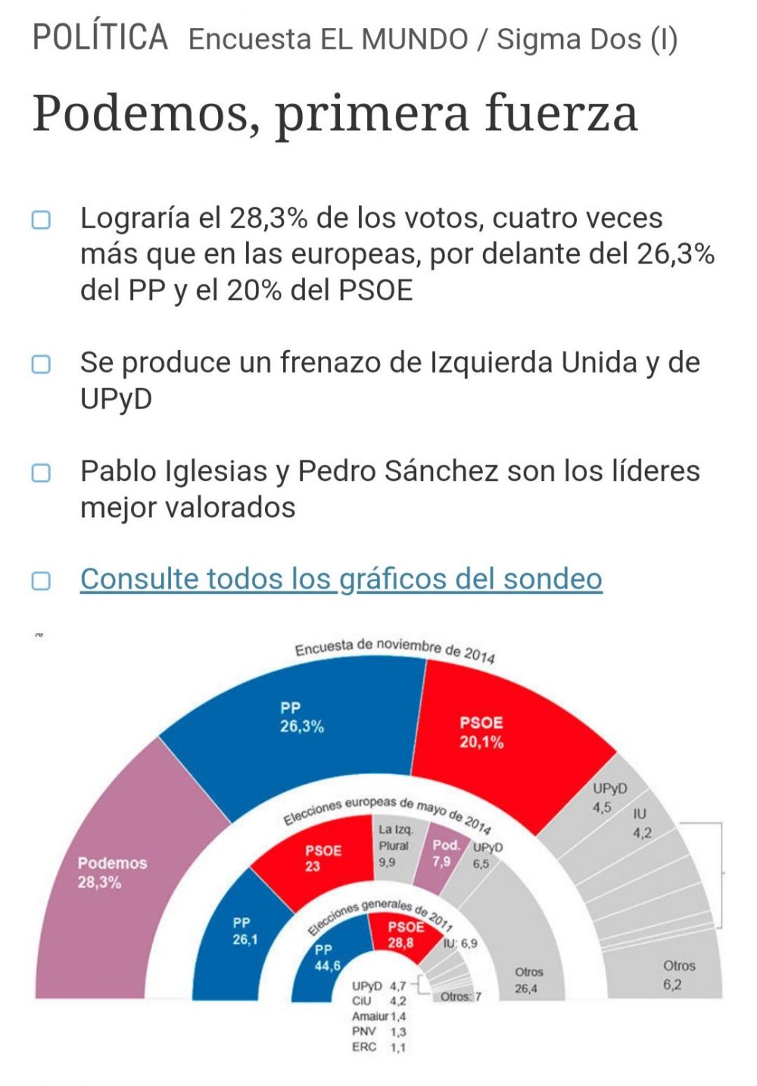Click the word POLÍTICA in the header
pos(100,37)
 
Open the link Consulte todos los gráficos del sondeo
pos(341,579)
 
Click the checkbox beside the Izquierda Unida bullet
pos(41,364)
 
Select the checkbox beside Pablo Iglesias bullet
pos(41,473)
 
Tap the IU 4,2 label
pos(640,823)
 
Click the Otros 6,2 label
pos(678,975)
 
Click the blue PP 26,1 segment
pos(244,932)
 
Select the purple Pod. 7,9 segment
pos(444,854)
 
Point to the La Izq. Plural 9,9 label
pos(394,845)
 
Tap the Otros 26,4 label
pos(528,981)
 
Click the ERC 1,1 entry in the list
pos(378,1047)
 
